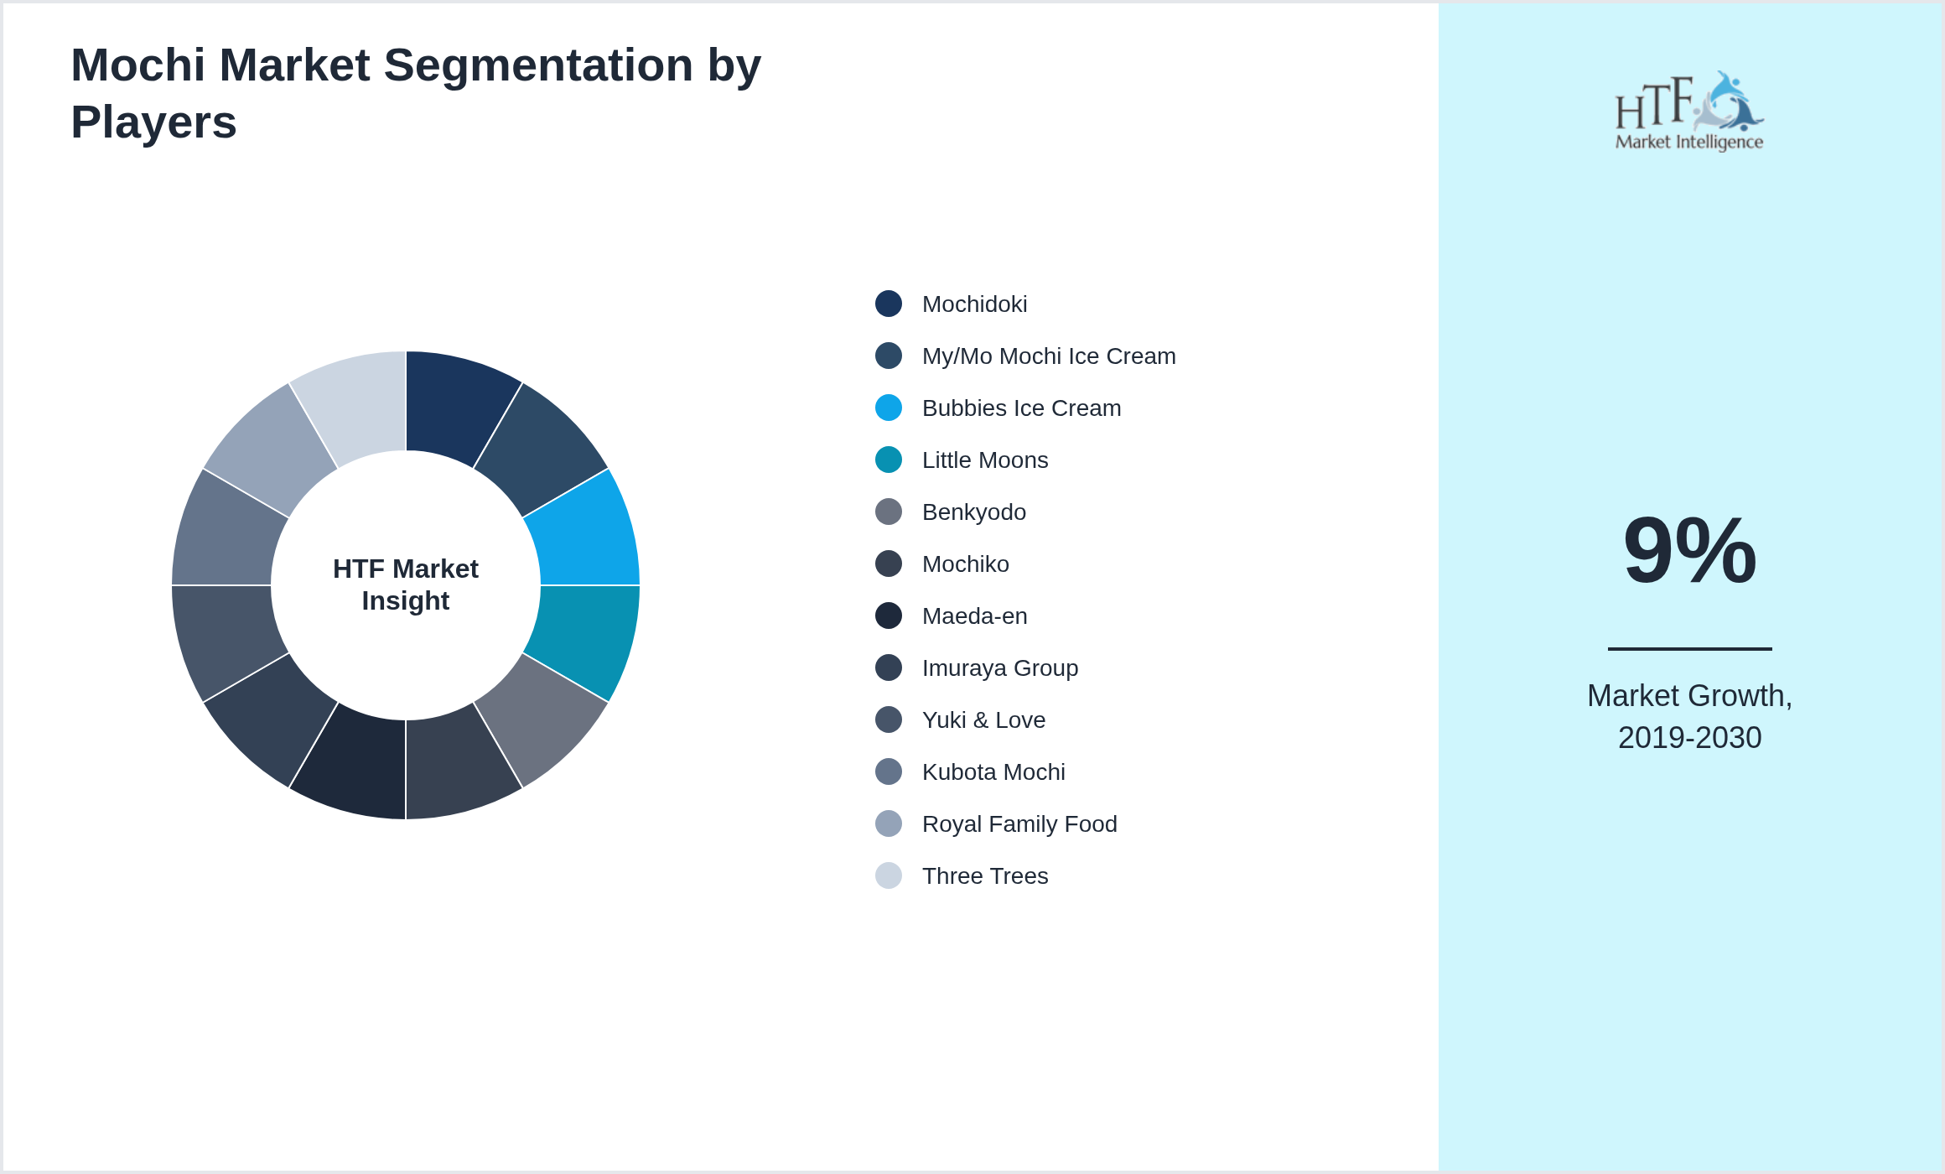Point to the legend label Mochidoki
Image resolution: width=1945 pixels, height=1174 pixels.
tap(974, 304)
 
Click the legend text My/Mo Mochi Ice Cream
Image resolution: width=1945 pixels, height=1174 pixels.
tap(1049, 356)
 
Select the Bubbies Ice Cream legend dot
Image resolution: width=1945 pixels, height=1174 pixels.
tap(889, 408)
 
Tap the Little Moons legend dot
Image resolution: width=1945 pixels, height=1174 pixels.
tap(889, 460)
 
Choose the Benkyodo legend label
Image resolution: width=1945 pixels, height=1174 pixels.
tap(974, 512)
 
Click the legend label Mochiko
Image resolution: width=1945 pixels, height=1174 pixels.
tap(966, 564)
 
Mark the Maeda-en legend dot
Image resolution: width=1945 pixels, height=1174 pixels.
tap(889, 616)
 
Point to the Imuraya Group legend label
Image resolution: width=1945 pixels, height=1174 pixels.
tap(1000, 668)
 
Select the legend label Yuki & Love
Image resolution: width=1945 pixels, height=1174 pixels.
tap(984, 720)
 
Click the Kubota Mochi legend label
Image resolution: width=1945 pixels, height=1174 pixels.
tap(993, 772)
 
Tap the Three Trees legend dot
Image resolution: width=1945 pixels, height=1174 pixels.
tap(889, 875)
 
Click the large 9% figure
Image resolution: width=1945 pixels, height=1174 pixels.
tap(1689, 550)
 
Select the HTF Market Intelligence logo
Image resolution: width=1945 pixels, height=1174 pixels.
tap(1689, 111)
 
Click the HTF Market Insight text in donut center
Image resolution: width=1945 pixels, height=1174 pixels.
tap(406, 584)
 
